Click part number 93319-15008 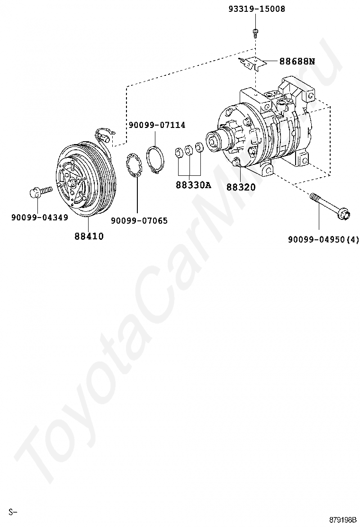click(256, 9)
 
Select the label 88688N click(297, 61)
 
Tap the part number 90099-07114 click(157, 125)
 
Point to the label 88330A click(193, 185)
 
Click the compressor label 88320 click(241, 187)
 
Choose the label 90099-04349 click(40, 218)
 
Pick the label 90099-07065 click(139, 220)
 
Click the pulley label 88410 click(89, 236)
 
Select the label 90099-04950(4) click(324, 239)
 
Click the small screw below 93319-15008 click(256, 32)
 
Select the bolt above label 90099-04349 click(40, 192)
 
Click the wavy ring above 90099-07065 click(135, 166)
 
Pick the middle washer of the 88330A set click(189, 150)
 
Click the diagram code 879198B click(343, 519)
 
